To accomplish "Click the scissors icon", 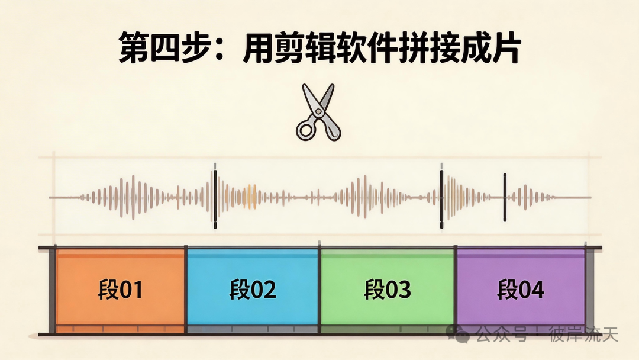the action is [318, 112].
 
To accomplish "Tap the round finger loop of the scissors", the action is [306, 130].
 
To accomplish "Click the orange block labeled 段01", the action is [120, 290].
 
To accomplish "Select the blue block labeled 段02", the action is [252, 290].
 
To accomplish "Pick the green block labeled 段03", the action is [387, 290].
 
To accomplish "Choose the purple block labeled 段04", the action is [521, 290].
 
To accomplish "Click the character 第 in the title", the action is [134, 48].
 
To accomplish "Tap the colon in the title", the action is [220, 50].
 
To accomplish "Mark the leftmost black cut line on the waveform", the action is [215, 196].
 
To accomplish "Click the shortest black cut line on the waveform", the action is [505, 198].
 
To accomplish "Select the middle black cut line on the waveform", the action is [441, 196].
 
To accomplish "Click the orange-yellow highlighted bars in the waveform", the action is [251, 197].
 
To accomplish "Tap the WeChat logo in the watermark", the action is [459, 333].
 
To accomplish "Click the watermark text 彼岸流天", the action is [583, 335].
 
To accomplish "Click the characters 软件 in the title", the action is [367, 48].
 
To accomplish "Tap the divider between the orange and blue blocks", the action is [186, 290].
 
